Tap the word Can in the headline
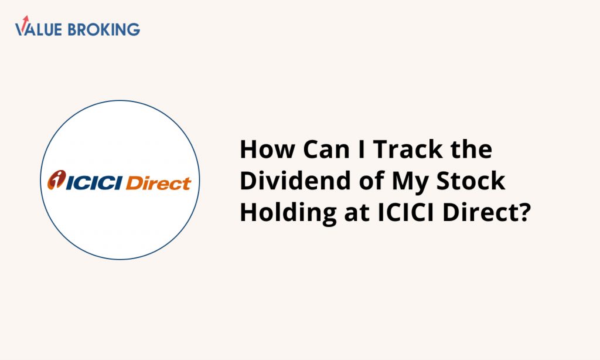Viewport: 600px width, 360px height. (326, 149)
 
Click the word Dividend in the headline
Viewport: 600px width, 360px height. (295, 181)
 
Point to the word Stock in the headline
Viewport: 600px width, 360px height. (471, 181)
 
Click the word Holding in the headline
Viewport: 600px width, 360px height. (288, 213)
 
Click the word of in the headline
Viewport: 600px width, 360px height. (371, 181)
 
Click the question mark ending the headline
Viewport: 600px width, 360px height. (525, 213)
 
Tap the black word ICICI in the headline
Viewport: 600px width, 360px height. (405, 213)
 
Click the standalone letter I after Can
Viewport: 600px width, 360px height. (362, 149)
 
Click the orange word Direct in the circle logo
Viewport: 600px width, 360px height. (158, 183)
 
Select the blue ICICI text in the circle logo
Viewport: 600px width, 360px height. (94, 183)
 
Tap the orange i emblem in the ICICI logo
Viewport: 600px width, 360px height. (57, 179)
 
